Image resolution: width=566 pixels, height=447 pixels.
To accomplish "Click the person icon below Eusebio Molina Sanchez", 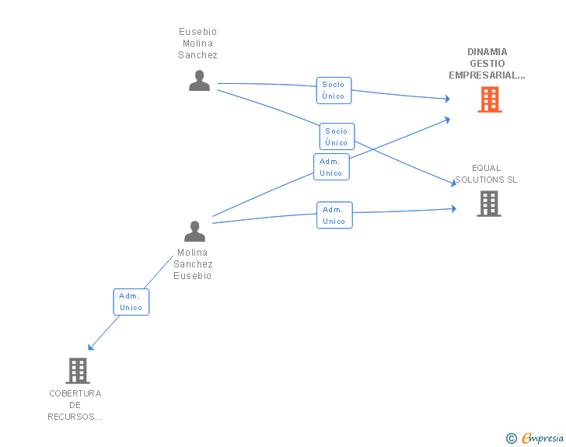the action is (x=199, y=81).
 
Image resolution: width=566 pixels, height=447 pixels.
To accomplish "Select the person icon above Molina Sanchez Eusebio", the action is (x=194, y=231).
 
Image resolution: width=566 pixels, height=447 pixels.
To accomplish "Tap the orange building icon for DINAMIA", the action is (x=490, y=100).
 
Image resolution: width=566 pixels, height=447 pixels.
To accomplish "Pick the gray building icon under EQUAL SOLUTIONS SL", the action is (x=489, y=204).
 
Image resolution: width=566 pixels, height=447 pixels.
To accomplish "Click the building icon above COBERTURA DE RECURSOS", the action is (x=78, y=371).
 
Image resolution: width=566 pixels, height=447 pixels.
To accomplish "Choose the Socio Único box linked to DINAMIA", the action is (x=334, y=90).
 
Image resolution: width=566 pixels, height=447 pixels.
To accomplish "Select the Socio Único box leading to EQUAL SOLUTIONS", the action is (x=337, y=137).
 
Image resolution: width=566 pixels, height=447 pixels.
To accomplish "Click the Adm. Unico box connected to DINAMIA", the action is (x=331, y=167).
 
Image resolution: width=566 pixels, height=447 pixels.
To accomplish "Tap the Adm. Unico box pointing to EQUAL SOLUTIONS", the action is (x=334, y=215).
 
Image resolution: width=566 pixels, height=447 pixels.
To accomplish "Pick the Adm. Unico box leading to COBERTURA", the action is (x=131, y=302).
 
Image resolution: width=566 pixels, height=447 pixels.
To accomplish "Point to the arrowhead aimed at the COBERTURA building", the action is (x=91, y=347).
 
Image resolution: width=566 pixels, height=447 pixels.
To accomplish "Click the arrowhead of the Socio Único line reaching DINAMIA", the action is (x=448, y=99).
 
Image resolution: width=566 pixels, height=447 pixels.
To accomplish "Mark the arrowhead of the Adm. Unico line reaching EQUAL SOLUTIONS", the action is (x=454, y=208).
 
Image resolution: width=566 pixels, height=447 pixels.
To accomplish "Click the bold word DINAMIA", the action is (x=487, y=52).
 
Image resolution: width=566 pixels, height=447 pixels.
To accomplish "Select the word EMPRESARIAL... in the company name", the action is (x=487, y=75).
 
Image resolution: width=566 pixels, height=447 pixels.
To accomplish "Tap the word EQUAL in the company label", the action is (x=486, y=168).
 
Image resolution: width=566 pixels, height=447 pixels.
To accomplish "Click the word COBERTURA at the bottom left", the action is (x=75, y=393).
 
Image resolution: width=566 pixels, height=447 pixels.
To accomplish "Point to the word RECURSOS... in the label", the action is (x=75, y=417).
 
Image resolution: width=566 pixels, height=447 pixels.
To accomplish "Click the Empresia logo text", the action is (x=543, y=438).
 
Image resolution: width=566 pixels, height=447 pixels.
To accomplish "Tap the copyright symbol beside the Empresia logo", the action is (x=512, y=438).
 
